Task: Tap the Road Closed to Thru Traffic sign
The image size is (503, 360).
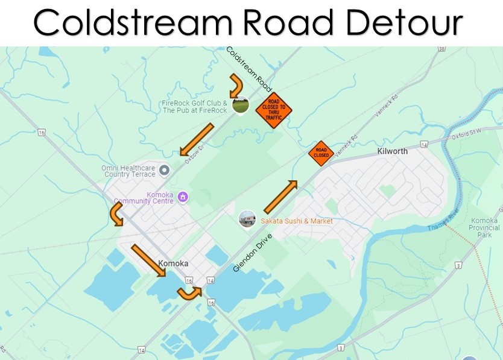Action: point(273,110)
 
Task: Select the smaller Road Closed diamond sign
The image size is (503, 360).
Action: point(321,153)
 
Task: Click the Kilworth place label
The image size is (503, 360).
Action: point(392,151)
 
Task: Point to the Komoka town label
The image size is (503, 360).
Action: point(173,264)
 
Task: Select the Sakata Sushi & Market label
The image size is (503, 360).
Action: point(296,221)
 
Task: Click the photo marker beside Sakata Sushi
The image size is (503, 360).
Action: point(247,219)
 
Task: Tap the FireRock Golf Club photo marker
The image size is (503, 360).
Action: point(240,106)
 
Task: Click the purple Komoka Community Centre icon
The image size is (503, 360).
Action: point(183,197)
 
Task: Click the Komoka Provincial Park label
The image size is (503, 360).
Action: point(484,227)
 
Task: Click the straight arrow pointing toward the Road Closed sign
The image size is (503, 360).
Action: point(280,197)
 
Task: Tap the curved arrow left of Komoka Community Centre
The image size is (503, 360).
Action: point(116,214)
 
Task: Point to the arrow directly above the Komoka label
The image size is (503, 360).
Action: point(149,260)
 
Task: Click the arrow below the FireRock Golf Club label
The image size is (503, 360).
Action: point(197,139)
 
